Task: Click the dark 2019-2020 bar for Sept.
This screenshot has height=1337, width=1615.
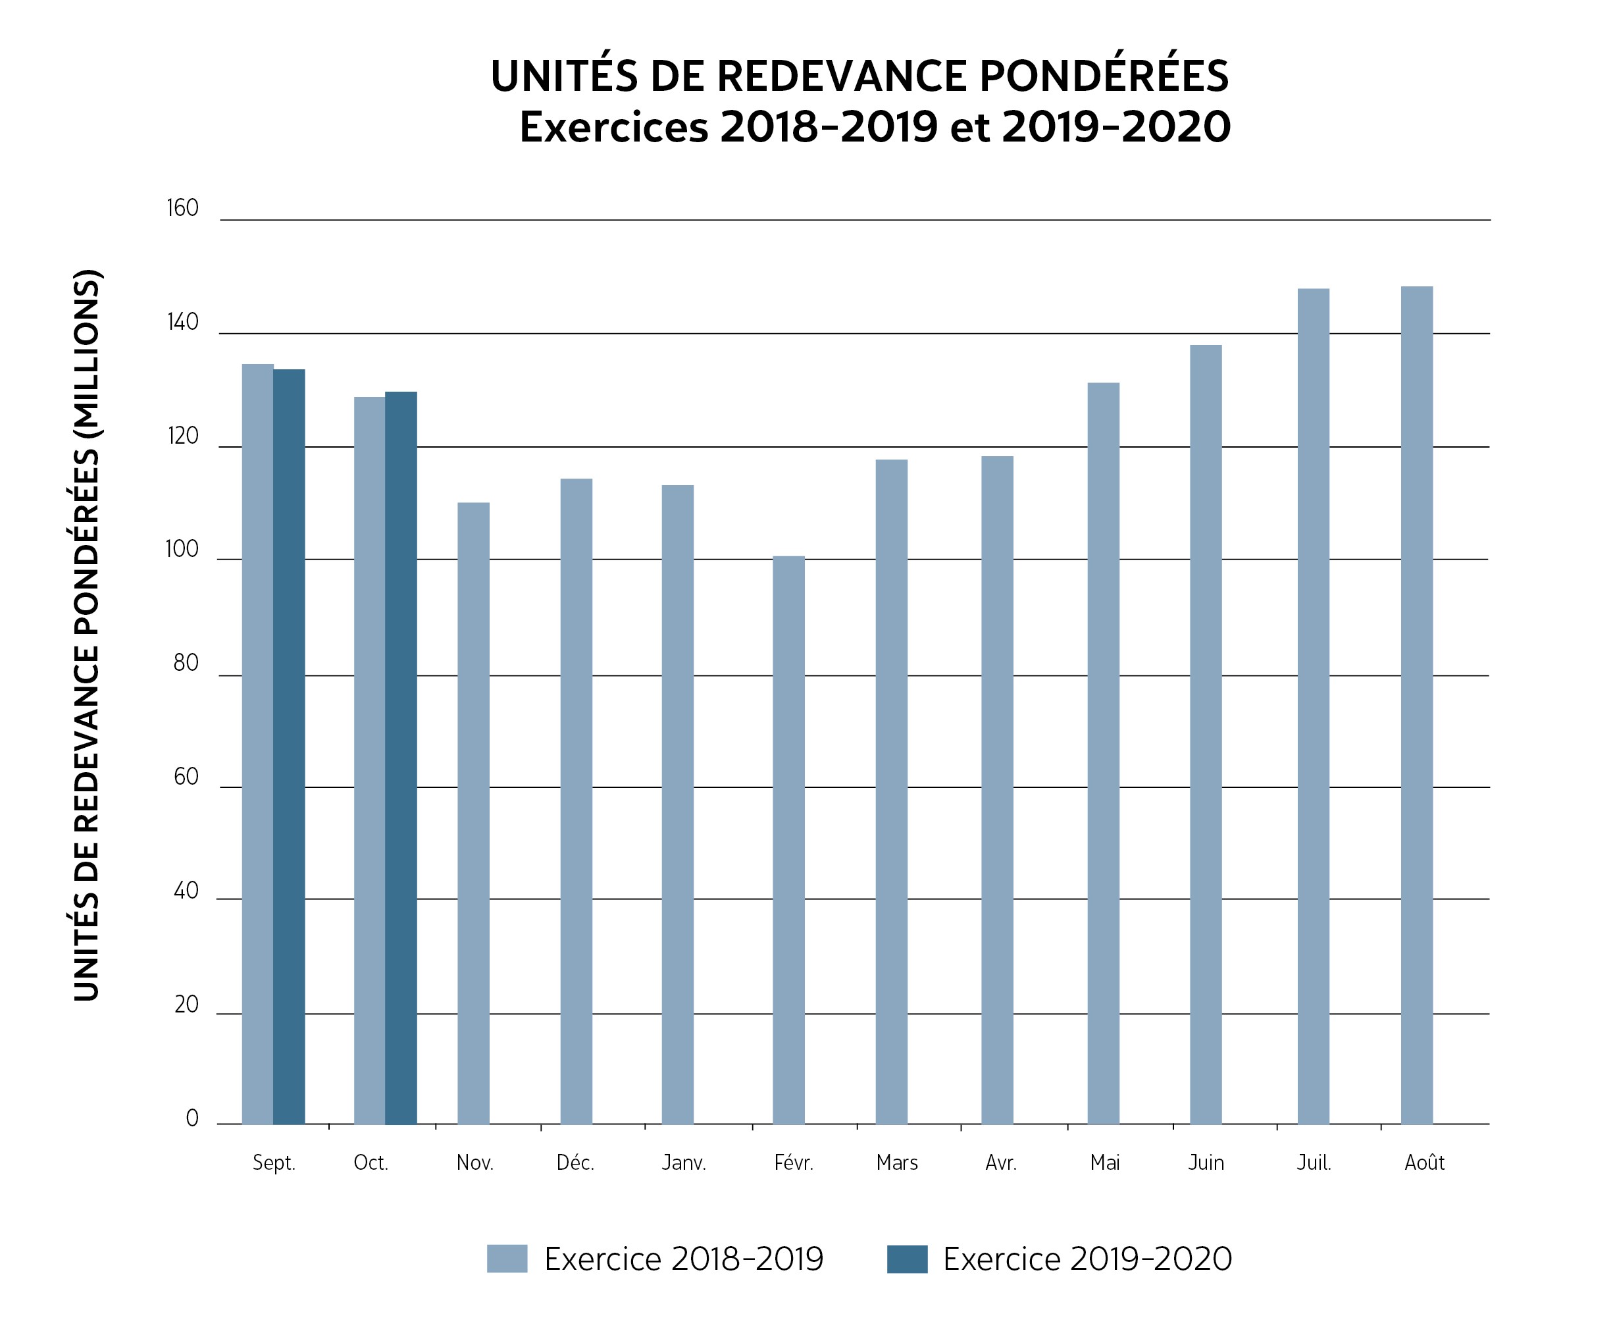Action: click(x=289, y=747)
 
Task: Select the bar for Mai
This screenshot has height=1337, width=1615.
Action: click(x=1103, y=753)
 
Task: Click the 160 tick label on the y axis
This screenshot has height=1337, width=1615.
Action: click(x=182, y=209)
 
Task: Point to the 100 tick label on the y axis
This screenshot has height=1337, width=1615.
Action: click(x=182, y=549)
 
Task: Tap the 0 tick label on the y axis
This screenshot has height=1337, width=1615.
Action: click(x=192, y=1118)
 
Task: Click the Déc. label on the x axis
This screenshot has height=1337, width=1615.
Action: click(x=575, y=1163)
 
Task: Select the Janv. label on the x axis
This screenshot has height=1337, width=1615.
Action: click(x=684, y=1163)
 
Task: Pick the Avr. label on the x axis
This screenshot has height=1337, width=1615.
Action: click(x=1000, y=1163)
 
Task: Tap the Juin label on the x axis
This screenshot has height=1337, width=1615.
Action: click(x=1205, y=1163)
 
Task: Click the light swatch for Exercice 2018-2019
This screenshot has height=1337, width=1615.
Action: click(x=507, y=1259)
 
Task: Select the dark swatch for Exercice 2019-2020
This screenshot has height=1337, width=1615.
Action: click(x=907, y=1259)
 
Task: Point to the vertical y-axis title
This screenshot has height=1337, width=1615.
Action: click(x=87, y=635)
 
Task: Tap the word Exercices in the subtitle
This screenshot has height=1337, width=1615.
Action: click(x=613, y=127)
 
